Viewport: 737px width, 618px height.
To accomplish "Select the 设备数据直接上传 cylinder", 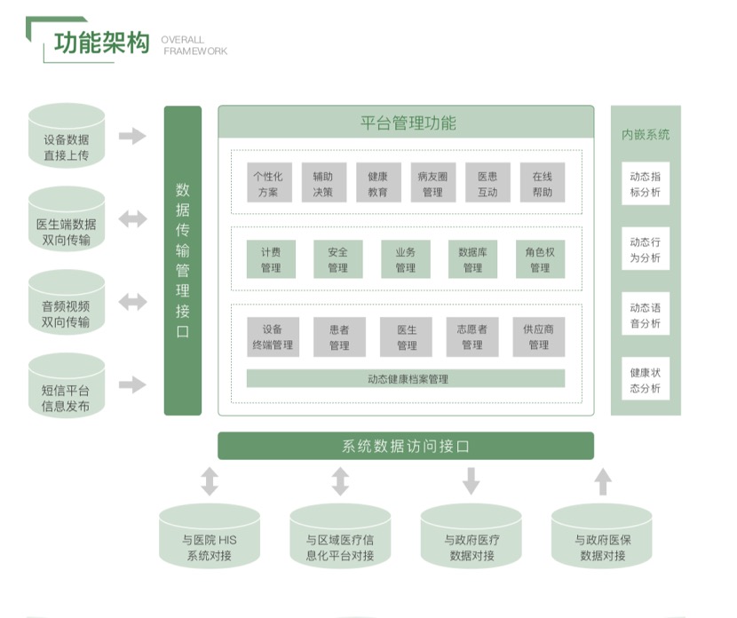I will coord(67,137).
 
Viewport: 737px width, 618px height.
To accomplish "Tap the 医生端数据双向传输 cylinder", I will coord(67,221).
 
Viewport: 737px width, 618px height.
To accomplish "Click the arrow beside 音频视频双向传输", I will coord(133,302).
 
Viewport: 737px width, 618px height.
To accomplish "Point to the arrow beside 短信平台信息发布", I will coord(133,384).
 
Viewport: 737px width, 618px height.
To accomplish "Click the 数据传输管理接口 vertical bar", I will coord(183,260).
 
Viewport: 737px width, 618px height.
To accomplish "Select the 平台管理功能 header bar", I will coord(406,122).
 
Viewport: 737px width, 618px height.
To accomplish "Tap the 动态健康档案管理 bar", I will coord(406,379).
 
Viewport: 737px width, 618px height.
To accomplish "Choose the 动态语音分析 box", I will coord(646,315).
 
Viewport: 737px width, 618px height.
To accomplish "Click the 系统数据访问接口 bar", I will coord(406,446).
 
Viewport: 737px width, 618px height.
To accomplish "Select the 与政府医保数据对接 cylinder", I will coord(603,538).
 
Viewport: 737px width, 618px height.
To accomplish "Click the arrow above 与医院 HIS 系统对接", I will coord(210,481).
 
